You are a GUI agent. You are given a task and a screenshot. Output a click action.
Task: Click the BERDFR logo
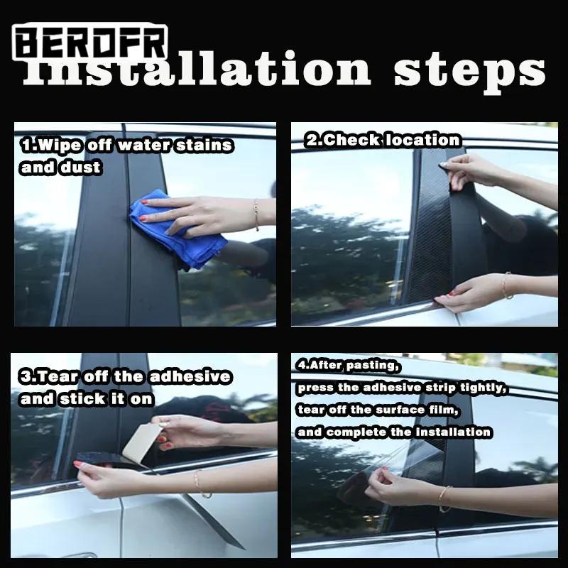(91, 43)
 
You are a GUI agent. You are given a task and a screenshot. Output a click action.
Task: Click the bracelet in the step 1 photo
(256, 214)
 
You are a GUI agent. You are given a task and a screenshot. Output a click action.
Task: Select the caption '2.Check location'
(383, 140)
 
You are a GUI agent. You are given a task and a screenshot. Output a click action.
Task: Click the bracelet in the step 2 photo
(507, 285)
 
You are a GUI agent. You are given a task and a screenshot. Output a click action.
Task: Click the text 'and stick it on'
(87, 398)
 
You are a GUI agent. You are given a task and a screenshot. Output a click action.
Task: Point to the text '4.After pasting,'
(349, 366)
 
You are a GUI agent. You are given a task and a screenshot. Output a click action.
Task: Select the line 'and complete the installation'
(394, 431)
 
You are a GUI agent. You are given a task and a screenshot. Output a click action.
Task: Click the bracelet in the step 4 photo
(444, 497)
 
